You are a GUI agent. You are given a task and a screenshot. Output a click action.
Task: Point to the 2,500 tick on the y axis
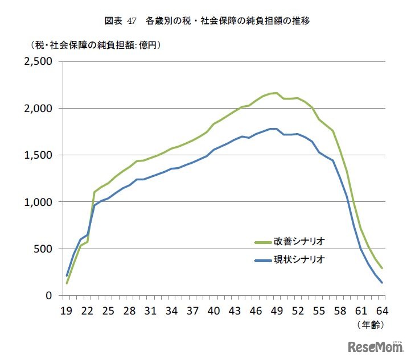point(37,61)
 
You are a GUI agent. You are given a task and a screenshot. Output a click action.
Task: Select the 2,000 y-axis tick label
point(37,108)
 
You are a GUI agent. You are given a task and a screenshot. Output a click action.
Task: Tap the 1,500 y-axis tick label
point(37,155)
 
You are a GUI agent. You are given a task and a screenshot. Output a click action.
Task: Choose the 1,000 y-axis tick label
point(37,202)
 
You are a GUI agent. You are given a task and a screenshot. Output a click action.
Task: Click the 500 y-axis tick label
point(43,249)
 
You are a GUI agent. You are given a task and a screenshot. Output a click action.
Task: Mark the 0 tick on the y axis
point(51,296)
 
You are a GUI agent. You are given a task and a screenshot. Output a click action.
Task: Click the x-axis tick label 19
point(67,311)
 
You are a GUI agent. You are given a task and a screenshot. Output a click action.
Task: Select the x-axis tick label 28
point(129,311)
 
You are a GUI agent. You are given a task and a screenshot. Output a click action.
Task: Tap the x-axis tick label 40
point(213,311)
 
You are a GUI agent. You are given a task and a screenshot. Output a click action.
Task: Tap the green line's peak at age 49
point(276,93)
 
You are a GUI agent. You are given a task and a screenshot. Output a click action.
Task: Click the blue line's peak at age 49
point(276,129)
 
